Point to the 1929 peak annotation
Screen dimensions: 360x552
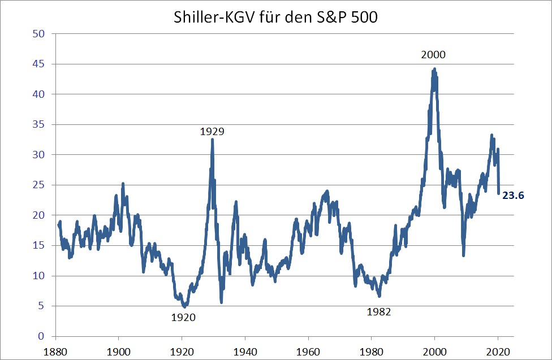point(212,132)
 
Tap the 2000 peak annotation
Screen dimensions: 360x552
point(433,55)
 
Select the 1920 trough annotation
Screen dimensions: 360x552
point(183,318)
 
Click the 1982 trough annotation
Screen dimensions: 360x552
point(378,311)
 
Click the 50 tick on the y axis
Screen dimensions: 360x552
point(39,34)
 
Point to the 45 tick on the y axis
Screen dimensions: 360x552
point(39,64)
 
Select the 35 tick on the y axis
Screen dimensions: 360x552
point(39,124)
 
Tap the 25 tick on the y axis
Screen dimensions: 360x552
point(39,185)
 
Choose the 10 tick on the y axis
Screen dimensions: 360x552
point(39,276)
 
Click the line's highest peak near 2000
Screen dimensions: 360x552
point(434,69)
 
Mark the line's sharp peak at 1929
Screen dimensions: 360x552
point(212,139)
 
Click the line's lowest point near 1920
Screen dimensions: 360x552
point(184,306)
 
